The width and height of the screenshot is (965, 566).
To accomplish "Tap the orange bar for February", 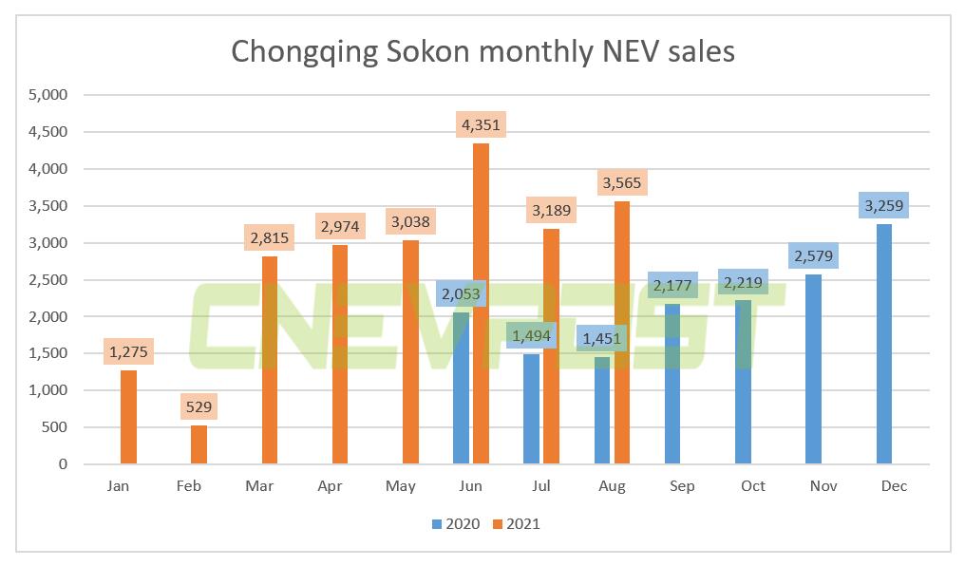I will point(199,445).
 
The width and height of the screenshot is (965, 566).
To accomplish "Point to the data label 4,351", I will point(481,124).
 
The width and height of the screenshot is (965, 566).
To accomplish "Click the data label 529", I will point(199,406).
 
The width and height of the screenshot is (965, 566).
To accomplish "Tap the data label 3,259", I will point(885,204).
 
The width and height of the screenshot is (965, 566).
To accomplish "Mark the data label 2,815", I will point(269,236).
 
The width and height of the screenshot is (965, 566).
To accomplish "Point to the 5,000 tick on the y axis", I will point(48,95).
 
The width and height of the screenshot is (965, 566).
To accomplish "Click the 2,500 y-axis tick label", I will point(48,280).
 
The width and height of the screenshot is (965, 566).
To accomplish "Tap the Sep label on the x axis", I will point(682,485).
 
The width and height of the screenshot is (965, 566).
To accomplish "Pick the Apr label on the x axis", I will point(330,485).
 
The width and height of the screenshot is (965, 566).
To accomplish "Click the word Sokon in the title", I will point(440,50).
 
